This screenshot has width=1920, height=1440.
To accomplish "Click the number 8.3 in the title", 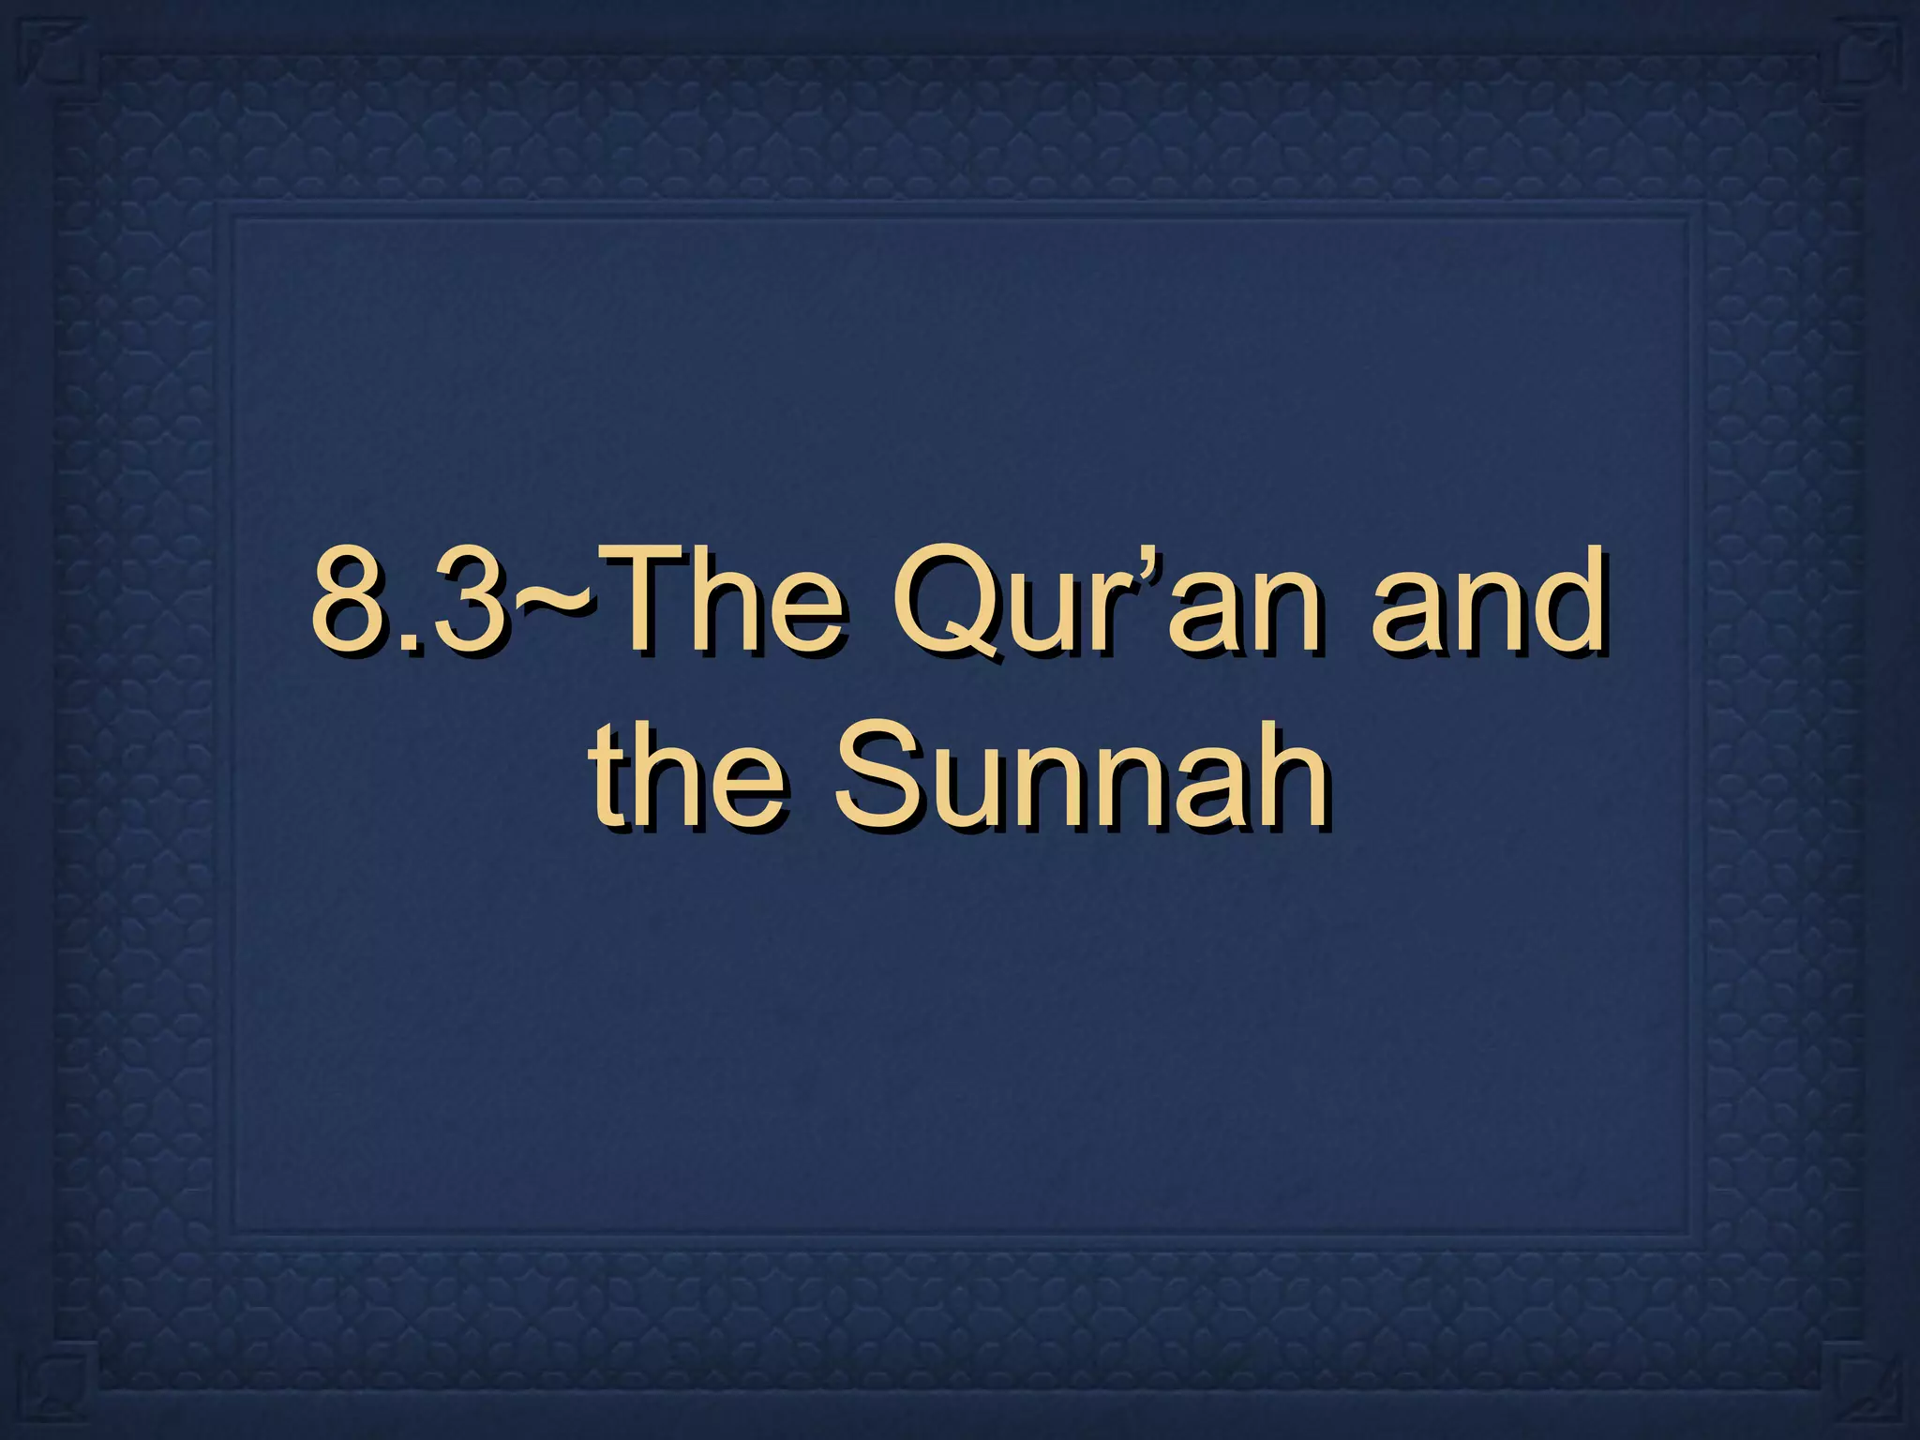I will click(408, 600).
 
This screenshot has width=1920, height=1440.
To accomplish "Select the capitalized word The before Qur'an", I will click(722, 600).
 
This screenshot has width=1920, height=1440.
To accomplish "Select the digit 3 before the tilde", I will click(469, 600).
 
